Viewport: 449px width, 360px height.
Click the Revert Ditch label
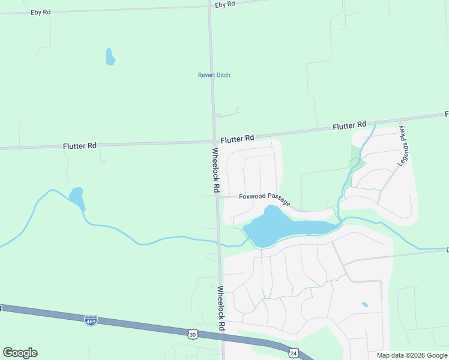click(214, 75)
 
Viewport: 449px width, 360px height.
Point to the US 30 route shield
click(191, 334)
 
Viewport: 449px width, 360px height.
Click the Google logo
click(20, 353)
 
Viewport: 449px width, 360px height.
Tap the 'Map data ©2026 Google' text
click(412, 355)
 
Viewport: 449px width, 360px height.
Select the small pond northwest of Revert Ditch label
click(110, 56)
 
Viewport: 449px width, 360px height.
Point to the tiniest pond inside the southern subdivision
click(365, 305)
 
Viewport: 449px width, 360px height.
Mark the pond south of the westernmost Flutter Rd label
click(76, 196)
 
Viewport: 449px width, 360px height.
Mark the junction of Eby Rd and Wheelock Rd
click(209, 6)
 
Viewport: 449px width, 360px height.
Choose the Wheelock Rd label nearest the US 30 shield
click(221, 308)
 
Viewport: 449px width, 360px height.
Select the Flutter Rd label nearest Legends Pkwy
click(349, 125)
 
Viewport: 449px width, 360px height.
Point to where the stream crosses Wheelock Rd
click(219, 245)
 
